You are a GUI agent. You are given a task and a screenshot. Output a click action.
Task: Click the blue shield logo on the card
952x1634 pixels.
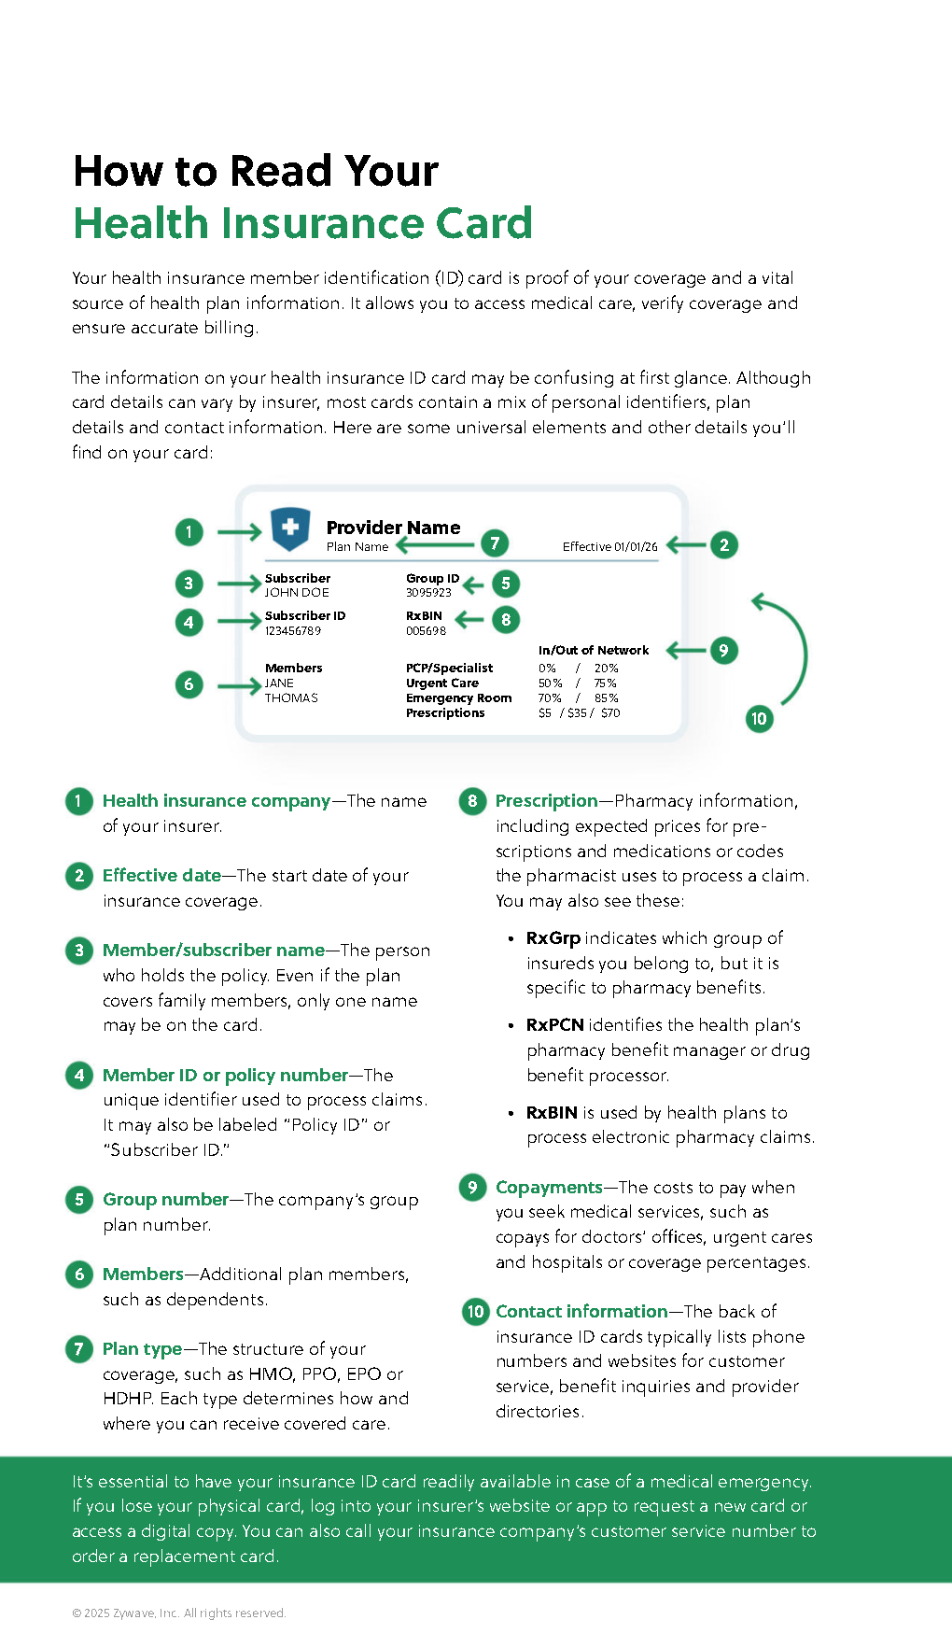tap(290, 528)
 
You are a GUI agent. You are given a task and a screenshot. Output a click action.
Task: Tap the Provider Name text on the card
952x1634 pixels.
tap(393, 528)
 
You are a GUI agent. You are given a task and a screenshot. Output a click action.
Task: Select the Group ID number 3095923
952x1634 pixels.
tap(428, 593)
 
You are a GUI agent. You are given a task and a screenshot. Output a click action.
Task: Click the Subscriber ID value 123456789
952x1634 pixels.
tap(293, 631)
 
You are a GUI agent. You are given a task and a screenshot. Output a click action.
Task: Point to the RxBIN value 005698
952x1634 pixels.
tap(426, 631)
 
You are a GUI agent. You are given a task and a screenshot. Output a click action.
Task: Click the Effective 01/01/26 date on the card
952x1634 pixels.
tap(609, 547)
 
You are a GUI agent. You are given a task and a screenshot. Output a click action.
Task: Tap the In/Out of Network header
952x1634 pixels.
tap(593, 650)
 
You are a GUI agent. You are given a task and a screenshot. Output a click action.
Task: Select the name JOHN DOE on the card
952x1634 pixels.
tap(297, 593)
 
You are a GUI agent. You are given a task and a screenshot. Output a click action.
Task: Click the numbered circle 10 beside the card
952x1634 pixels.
tap(759, 719)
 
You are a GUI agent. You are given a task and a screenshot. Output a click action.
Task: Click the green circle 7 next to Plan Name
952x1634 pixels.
tap(495, 543)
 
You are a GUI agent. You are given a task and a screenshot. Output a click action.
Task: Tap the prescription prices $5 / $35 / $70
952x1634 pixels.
tap(579, 713)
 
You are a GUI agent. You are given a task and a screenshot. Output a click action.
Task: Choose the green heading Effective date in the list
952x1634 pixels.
tap(161, 876)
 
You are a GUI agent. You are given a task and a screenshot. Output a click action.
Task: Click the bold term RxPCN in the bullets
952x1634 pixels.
tap(554, 1025)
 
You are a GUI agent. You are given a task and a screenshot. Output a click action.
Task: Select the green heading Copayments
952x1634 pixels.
tap(549, 1188)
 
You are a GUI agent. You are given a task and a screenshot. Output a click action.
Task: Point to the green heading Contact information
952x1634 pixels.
tap(581, 1312)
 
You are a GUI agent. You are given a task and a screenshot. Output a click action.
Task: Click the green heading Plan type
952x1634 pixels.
tap(142, 1349)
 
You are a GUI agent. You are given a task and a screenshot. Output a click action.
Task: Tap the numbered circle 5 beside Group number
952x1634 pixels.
tap(79, 1200)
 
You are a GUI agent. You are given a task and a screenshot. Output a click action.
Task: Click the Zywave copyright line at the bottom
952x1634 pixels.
tap(179, 1613)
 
